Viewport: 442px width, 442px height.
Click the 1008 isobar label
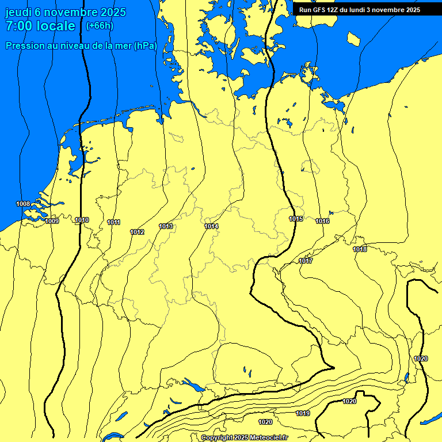click(x=23, y=204)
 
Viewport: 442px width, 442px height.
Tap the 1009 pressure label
click(x=52, y=221)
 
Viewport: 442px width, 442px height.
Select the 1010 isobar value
click(x=82, y=220)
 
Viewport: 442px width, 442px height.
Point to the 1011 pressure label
click(x=113, y=222)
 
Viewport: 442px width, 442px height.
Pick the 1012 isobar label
click(x=137, y=232)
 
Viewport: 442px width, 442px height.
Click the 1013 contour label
click(x=166, y=226)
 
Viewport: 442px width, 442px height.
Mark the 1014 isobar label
click(x=211, y=226)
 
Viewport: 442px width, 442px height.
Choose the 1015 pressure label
click(x=296, y=219)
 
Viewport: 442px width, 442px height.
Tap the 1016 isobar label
click(x=322, y=221)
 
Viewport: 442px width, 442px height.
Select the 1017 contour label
click(x=306, y=261)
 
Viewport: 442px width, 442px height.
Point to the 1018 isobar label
click(x=360, y=249)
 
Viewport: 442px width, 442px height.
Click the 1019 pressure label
click(x=303, y=413)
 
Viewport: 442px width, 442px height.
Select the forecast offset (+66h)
click(x=100, y=26)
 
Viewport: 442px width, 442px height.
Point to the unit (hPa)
click(x=145, y=46)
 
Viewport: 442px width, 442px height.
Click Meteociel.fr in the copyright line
click(x=268, y=438)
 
